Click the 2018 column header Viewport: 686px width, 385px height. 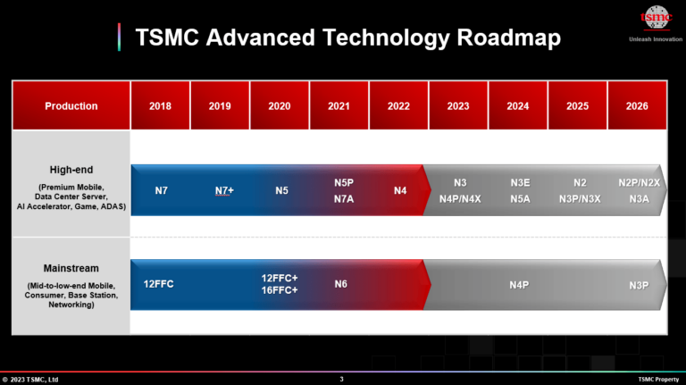tap(161, 106)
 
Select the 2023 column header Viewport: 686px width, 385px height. tap(458, 106)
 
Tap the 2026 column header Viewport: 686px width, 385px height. tap(637, 106)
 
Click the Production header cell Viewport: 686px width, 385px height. tap(71, 106)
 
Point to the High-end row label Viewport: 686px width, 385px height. tap(71, 170)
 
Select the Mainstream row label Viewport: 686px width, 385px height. tap(71, 268)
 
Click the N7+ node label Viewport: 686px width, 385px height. tap(224, 191)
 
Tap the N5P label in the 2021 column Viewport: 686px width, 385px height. tap(344, 182)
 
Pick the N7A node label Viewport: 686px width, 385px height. tap(344, 199)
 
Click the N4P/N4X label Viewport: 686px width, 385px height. tap(460, 199)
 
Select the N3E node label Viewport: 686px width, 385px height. tap(520, 182)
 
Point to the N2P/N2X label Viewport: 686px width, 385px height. tap(639, 182)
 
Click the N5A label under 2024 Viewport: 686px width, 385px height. tap(520, 199)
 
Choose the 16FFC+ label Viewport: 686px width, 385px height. tap(280, 290)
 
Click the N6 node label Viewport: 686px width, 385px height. tap(341, 284)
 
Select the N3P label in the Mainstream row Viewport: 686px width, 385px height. tap(638, 285)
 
